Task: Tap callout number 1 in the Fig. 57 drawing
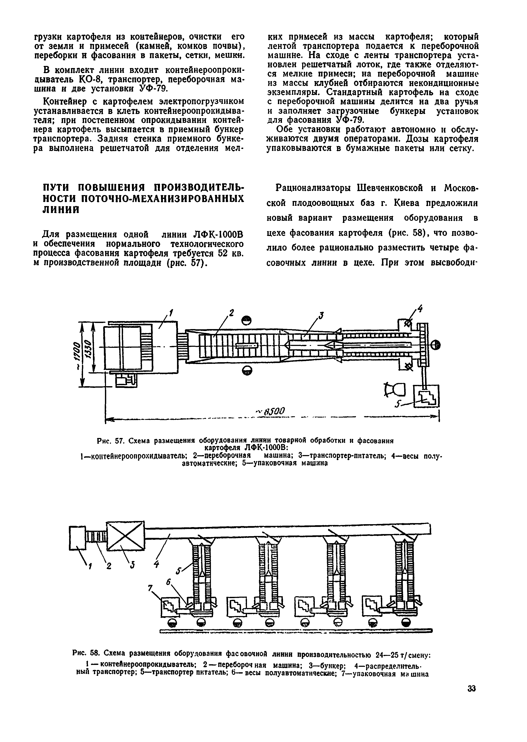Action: coord(171,313)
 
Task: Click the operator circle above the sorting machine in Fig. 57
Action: coord(247,320)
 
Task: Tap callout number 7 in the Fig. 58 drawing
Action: coord(150,588)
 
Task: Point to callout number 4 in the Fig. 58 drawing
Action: coord(157,565)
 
